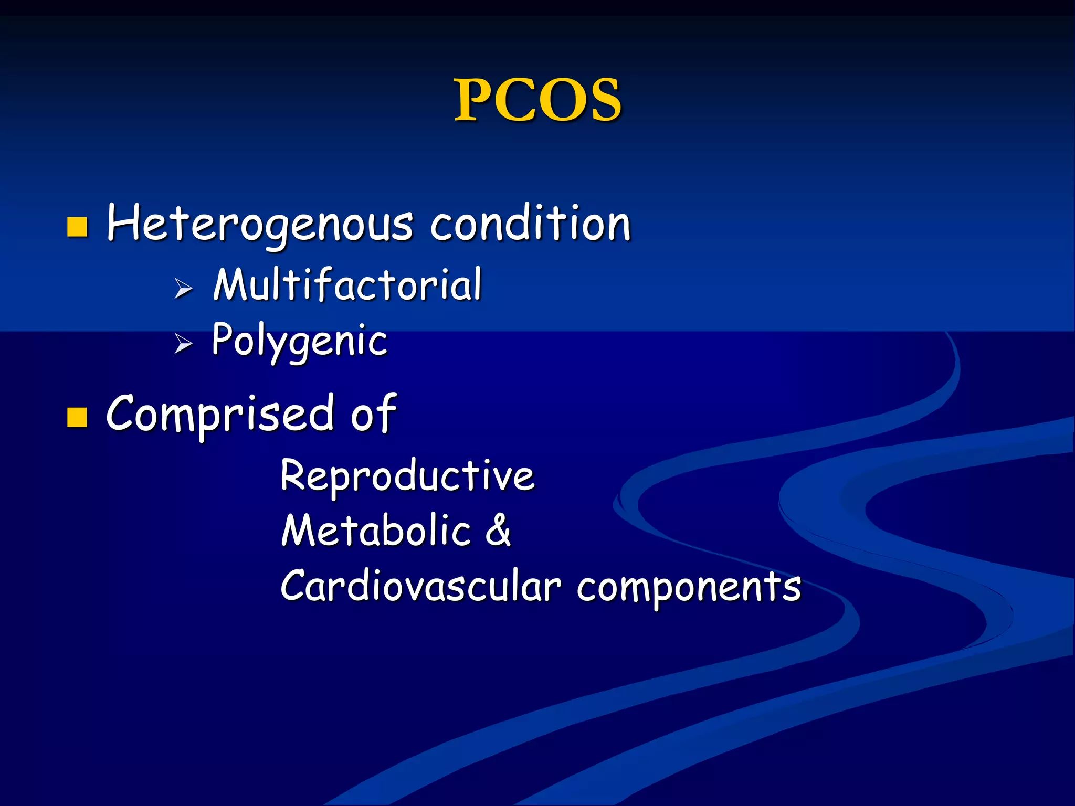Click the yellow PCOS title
(x=537, y=100)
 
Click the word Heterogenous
(x=260, y=225)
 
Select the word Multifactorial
(x=347, y=284)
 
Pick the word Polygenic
(x=300, y=341)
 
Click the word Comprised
(x=220, y=415)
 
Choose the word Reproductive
(x=407, y=475)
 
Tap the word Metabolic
(x=376, y=531)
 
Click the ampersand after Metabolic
(x=498, y=531)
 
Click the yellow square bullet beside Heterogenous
(x=77, y=227)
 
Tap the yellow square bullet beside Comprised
(x=77, y=418)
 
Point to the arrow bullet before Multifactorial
(x=183, y=288)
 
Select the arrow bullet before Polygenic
(x=183, y=344)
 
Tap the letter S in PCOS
(x=604, y=100)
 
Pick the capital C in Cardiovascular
(x=295, y=586)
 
